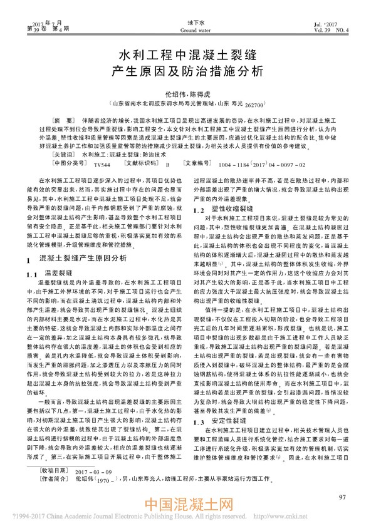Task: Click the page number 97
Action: click(x=341, y=497)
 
